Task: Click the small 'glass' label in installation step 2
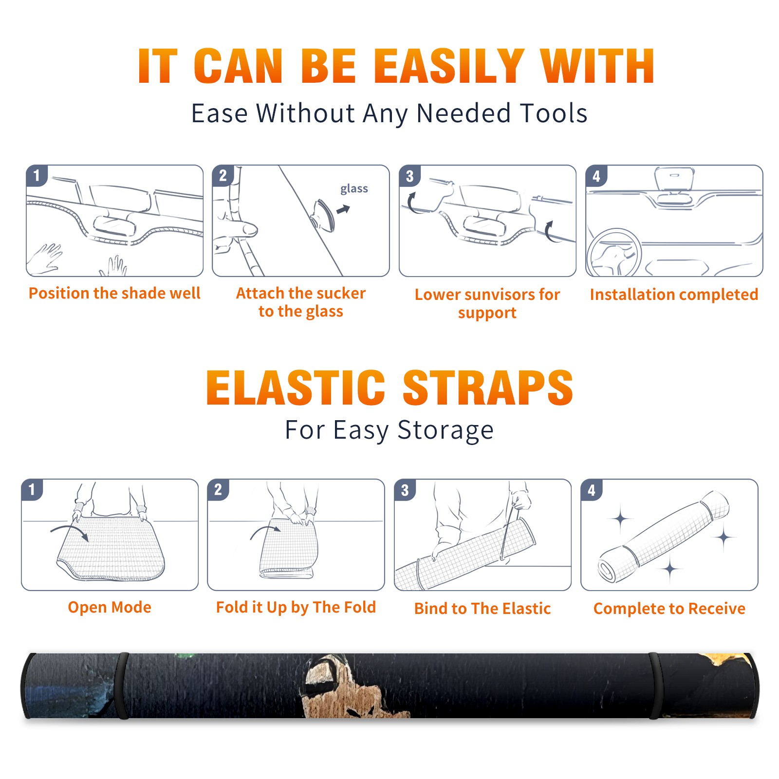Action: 354,189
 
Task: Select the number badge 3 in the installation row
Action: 409,176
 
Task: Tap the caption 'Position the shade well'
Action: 114,293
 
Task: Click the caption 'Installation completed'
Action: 674,295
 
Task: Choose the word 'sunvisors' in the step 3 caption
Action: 499,295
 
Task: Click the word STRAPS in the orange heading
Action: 488,388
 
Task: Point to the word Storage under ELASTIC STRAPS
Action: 445,430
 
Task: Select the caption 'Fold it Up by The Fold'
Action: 296,608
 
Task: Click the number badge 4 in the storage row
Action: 592,490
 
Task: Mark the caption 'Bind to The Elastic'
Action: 482,609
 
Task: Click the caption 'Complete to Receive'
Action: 669,609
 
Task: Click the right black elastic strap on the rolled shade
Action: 655,686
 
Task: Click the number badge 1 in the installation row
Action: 37,175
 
